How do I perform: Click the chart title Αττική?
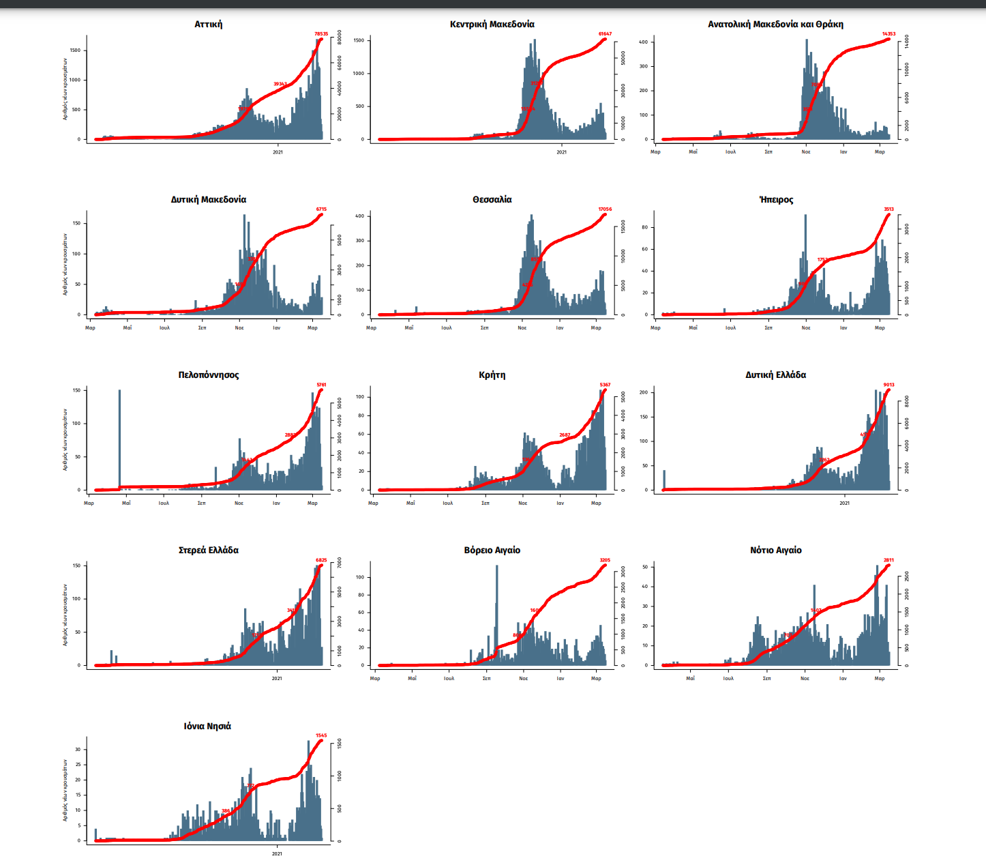click(x=209, y=25)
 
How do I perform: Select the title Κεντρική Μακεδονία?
click(x=492, y=25)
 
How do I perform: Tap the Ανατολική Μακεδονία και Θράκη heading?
click(x=775, y=25)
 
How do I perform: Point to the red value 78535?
click(x=321, y=33)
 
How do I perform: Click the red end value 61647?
click(x=605, y=33)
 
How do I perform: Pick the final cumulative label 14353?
click(x=888, y=33)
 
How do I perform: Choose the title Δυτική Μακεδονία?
click(x=209, y=200)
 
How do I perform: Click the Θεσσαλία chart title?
click(x=492, y=200)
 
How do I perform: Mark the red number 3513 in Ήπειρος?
click(x=888, y=209)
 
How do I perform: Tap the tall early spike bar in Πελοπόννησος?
click(x=119, y=437)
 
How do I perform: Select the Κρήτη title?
click(x=492, y=375)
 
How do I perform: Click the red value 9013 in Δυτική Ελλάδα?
click(x=888, y=385)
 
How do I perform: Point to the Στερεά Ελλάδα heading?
click(x=209, y=551)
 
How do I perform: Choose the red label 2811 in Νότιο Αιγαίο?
click(x=888, y=560)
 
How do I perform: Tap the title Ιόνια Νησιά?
click(x=207, y=727)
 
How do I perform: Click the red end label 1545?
click(x=321, y=735)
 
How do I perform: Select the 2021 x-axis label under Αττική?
click(x=278, y=152)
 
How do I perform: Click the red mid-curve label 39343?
click(x=280, y=84)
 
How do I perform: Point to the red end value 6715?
click(x=321, y=209)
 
